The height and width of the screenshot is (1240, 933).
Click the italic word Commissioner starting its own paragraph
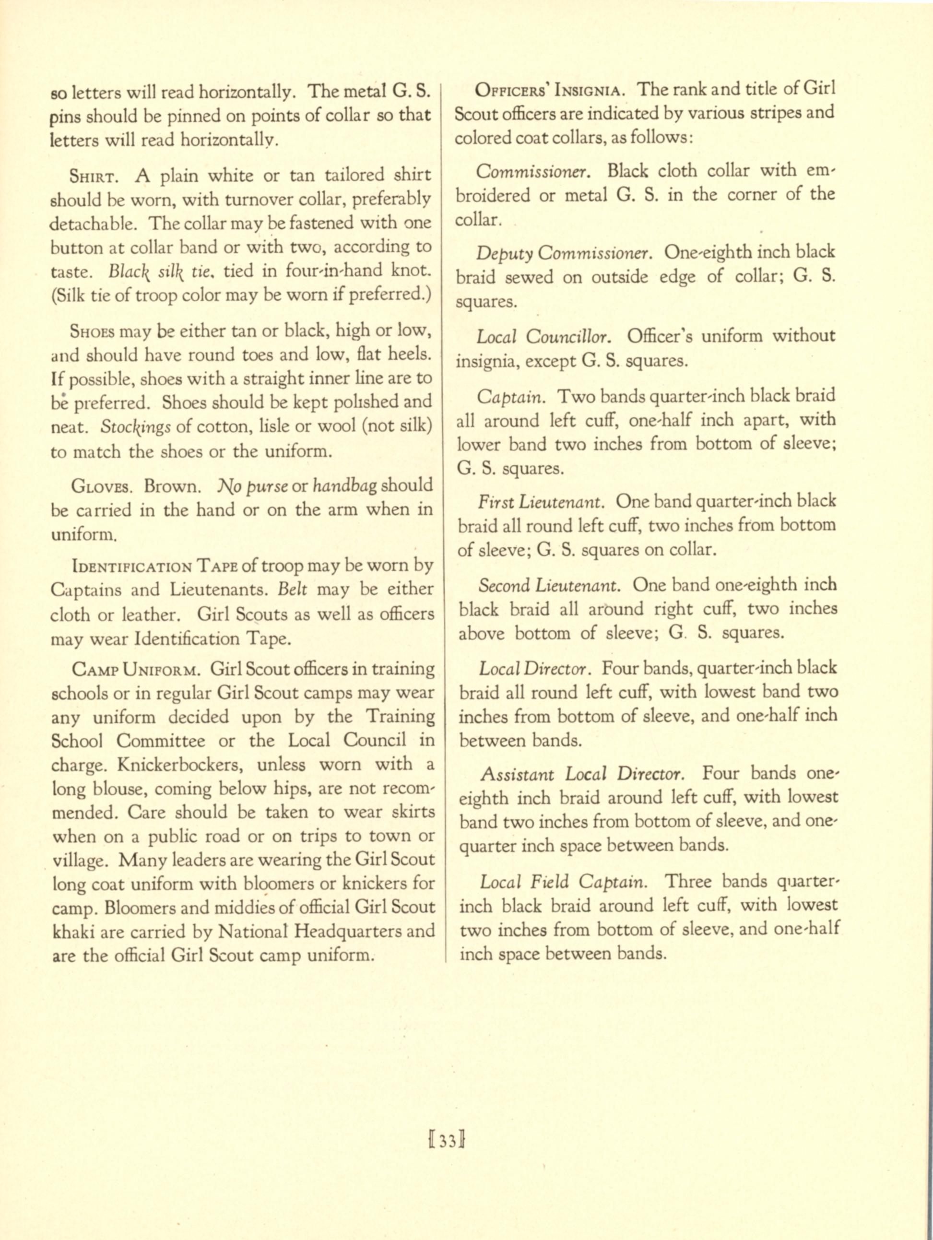point(532,171)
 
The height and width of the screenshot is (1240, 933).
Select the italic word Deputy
point(504,253)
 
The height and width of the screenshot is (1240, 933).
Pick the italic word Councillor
point(569,337)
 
